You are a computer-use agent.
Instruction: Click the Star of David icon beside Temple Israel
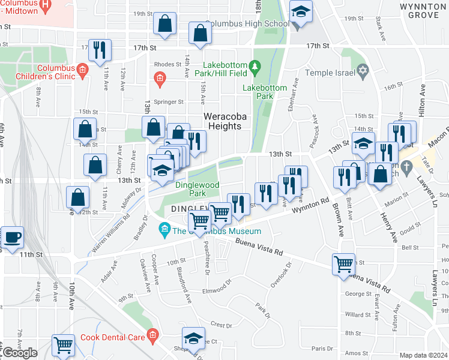click(x=362, y=73)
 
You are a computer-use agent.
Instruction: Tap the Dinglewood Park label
click(x=197, y=190)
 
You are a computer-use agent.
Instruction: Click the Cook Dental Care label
click(x=112, y=337)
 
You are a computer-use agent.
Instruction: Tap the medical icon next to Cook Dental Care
click(x=153, y=335)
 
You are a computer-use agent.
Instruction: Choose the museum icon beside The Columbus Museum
click(x=163, y=229)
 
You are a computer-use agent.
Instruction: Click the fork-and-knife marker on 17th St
click(x=99, y=50)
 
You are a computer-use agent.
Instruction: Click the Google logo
click(x=20, y=353)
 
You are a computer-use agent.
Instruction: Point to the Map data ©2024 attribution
click(x=424, y=355)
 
